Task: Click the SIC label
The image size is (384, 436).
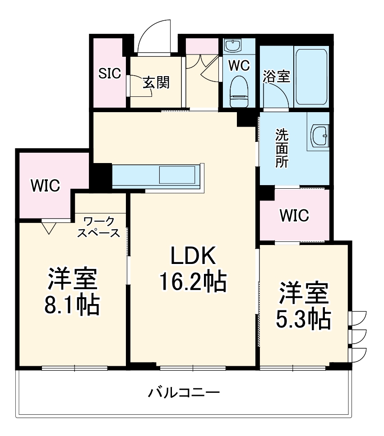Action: [x=110, y=73]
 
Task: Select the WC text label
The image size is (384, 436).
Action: [x=239, y=66]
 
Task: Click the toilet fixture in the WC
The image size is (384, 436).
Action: [x=238, y=91]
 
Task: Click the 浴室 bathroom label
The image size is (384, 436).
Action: [x=276, y=76]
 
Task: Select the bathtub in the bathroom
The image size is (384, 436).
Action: [x=310, y=76]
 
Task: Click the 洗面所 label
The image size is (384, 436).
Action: [x=282, y=149]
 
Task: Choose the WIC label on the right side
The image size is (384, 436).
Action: [x=294, y=215]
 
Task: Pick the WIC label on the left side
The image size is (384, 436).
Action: [x=45, y=185]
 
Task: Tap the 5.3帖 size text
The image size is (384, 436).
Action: [x=303, y=319]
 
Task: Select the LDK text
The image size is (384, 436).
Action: [x=193, y=256]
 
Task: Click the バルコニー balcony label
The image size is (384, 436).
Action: [x=184, y=393]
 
